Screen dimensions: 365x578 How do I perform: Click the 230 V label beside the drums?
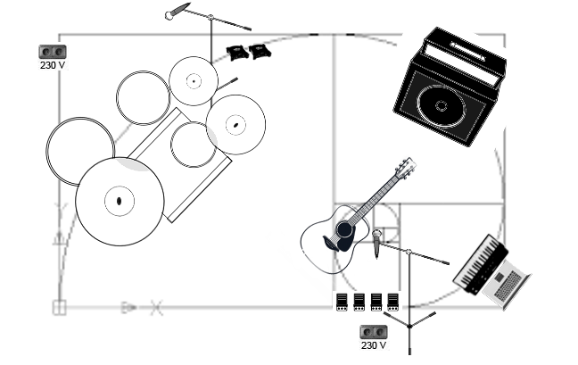53,65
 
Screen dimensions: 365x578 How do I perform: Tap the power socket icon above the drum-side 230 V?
53,52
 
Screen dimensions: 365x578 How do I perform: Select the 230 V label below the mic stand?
374,344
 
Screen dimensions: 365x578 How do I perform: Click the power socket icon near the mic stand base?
374,331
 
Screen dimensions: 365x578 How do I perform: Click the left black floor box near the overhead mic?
237,52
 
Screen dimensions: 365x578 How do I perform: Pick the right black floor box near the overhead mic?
260,51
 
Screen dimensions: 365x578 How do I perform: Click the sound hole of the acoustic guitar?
343,230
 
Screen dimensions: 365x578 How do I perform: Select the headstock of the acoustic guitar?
406,167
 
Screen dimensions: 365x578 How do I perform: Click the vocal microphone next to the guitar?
378,239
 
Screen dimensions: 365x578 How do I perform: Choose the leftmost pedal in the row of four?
342,302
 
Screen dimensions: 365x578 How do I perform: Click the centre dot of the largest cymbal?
119,201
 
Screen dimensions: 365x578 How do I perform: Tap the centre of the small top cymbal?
194,80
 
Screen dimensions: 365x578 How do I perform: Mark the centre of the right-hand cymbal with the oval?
235,124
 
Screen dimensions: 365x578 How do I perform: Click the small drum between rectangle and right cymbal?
193,145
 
